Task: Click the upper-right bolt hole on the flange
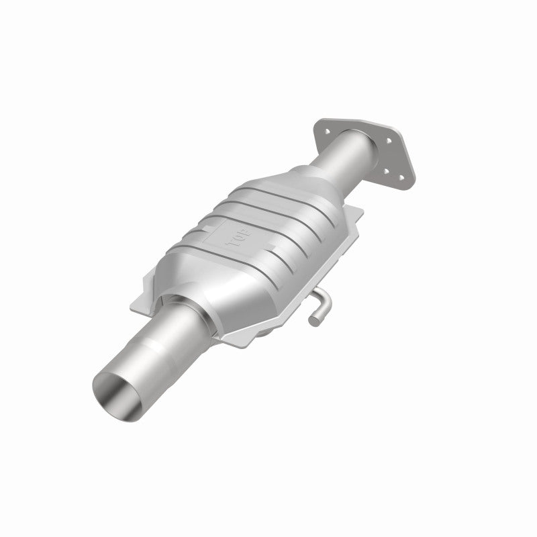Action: (387, 141)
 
